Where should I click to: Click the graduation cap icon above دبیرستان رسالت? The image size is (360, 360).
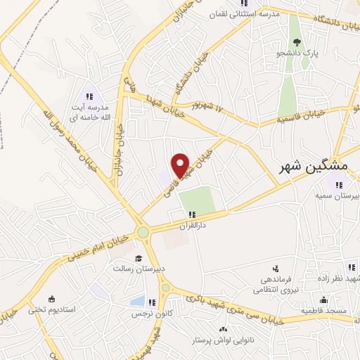click(x=139, y=258)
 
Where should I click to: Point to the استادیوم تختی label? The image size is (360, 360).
click(x=51, y=309)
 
